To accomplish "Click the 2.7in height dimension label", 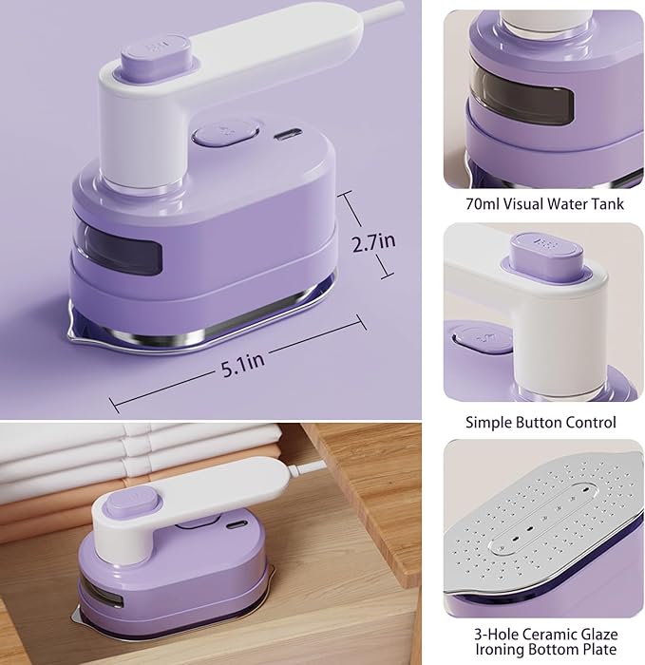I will point(373,244).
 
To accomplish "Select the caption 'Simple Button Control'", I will point(541,422).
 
